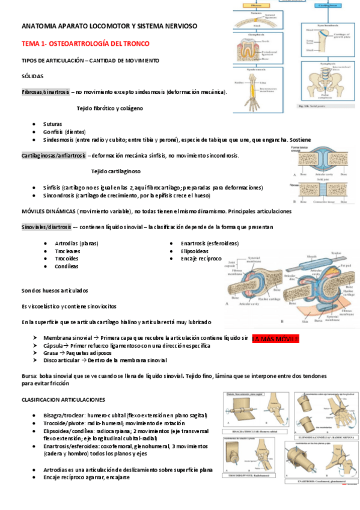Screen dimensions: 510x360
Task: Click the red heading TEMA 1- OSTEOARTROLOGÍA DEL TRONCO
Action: tap(85, 44)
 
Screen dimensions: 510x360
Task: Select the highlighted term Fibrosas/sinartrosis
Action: tap(46, 92)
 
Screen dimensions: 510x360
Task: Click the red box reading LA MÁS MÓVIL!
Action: tap(275, 339)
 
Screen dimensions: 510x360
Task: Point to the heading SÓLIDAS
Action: tap(32, 76)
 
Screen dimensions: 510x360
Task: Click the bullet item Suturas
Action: tap(52, 123)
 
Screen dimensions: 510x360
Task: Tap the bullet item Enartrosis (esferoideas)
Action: tap(209, 243)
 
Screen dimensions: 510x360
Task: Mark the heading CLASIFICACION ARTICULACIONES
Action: tap(63, 399)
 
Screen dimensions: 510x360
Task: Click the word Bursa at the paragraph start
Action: tap(29, 375)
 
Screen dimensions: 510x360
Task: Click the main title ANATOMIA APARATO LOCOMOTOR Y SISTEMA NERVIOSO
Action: tap(109, 27)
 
